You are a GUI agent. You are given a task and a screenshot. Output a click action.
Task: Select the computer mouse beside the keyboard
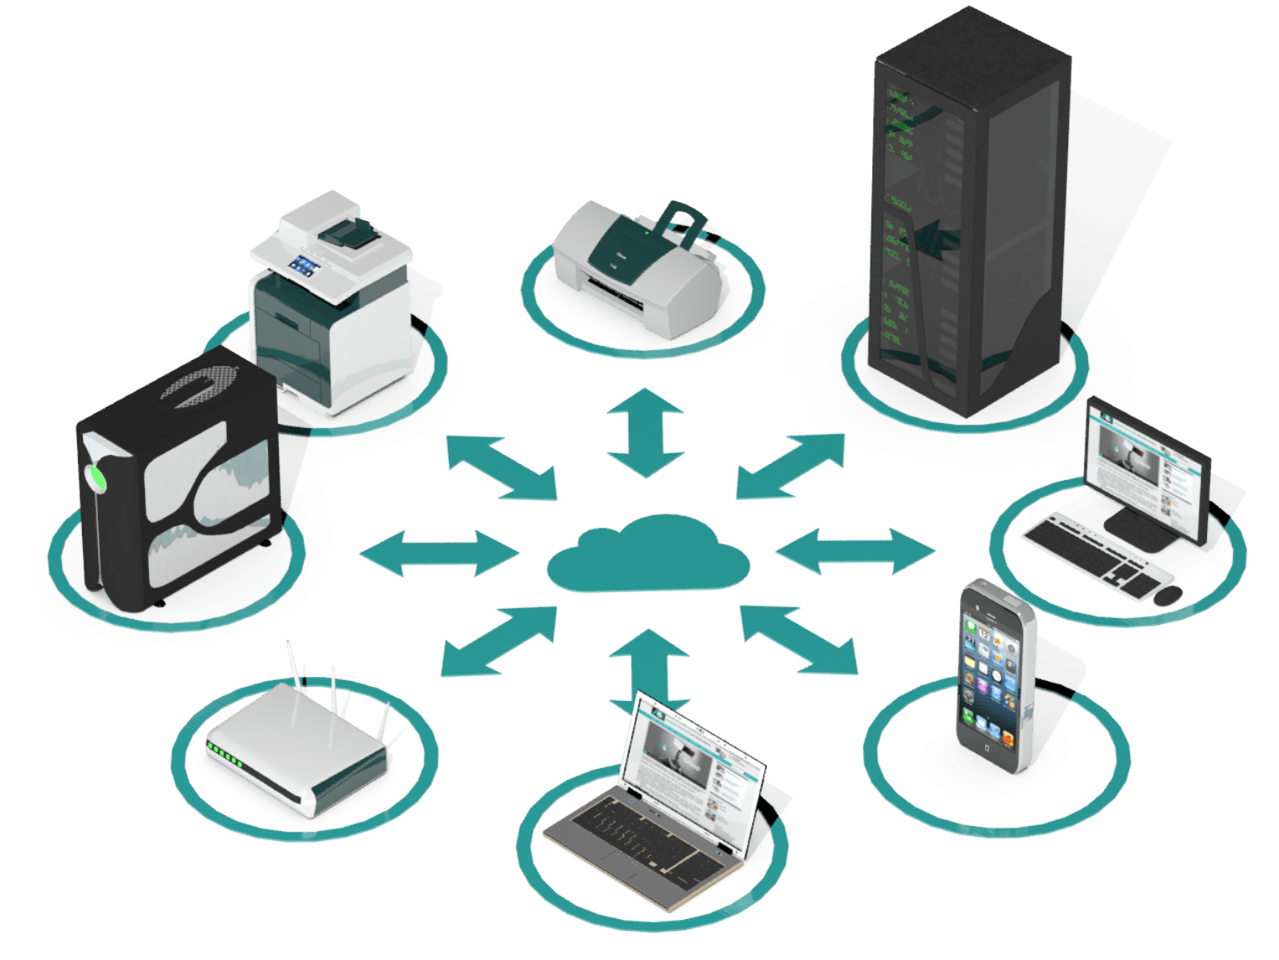click(1168, 595)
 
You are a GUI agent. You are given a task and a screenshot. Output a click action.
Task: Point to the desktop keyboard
click(1097, 555)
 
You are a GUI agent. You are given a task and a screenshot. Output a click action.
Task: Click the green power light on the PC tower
click(98, 479)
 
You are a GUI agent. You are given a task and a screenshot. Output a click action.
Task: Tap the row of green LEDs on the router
click(225, 755)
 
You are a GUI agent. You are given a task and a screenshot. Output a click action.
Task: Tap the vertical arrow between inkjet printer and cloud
click(645, 432)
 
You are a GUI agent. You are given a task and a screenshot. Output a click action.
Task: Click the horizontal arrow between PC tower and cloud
click(439, 554)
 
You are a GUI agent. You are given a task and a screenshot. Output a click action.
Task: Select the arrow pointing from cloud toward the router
click(498, 641)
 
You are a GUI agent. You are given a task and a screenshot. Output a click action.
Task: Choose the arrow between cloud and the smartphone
click(799, 639)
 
